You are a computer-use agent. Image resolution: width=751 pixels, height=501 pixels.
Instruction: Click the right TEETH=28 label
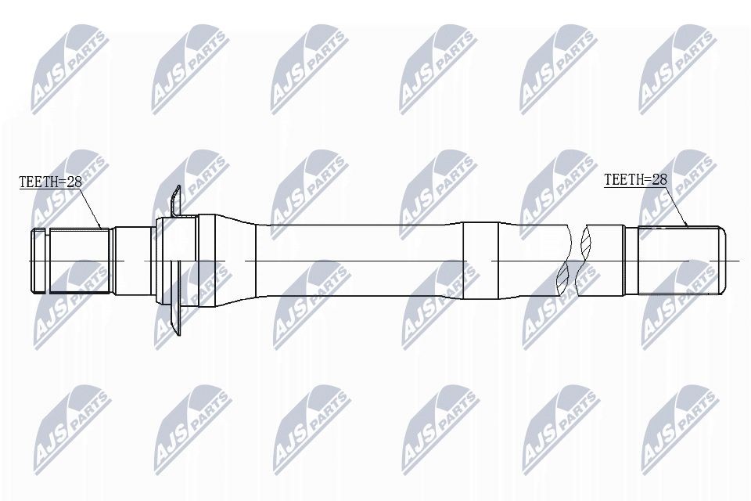point(635,179)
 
